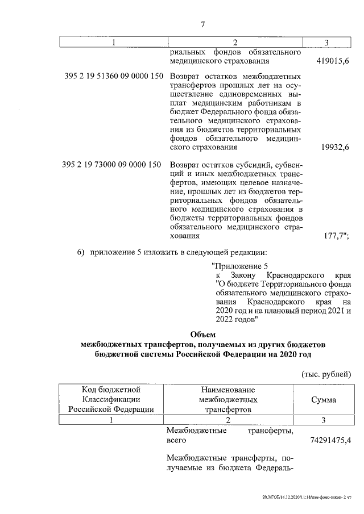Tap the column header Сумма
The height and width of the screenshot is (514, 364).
324,399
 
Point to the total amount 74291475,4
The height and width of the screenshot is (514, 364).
324,441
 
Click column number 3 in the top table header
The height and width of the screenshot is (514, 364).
326,43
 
